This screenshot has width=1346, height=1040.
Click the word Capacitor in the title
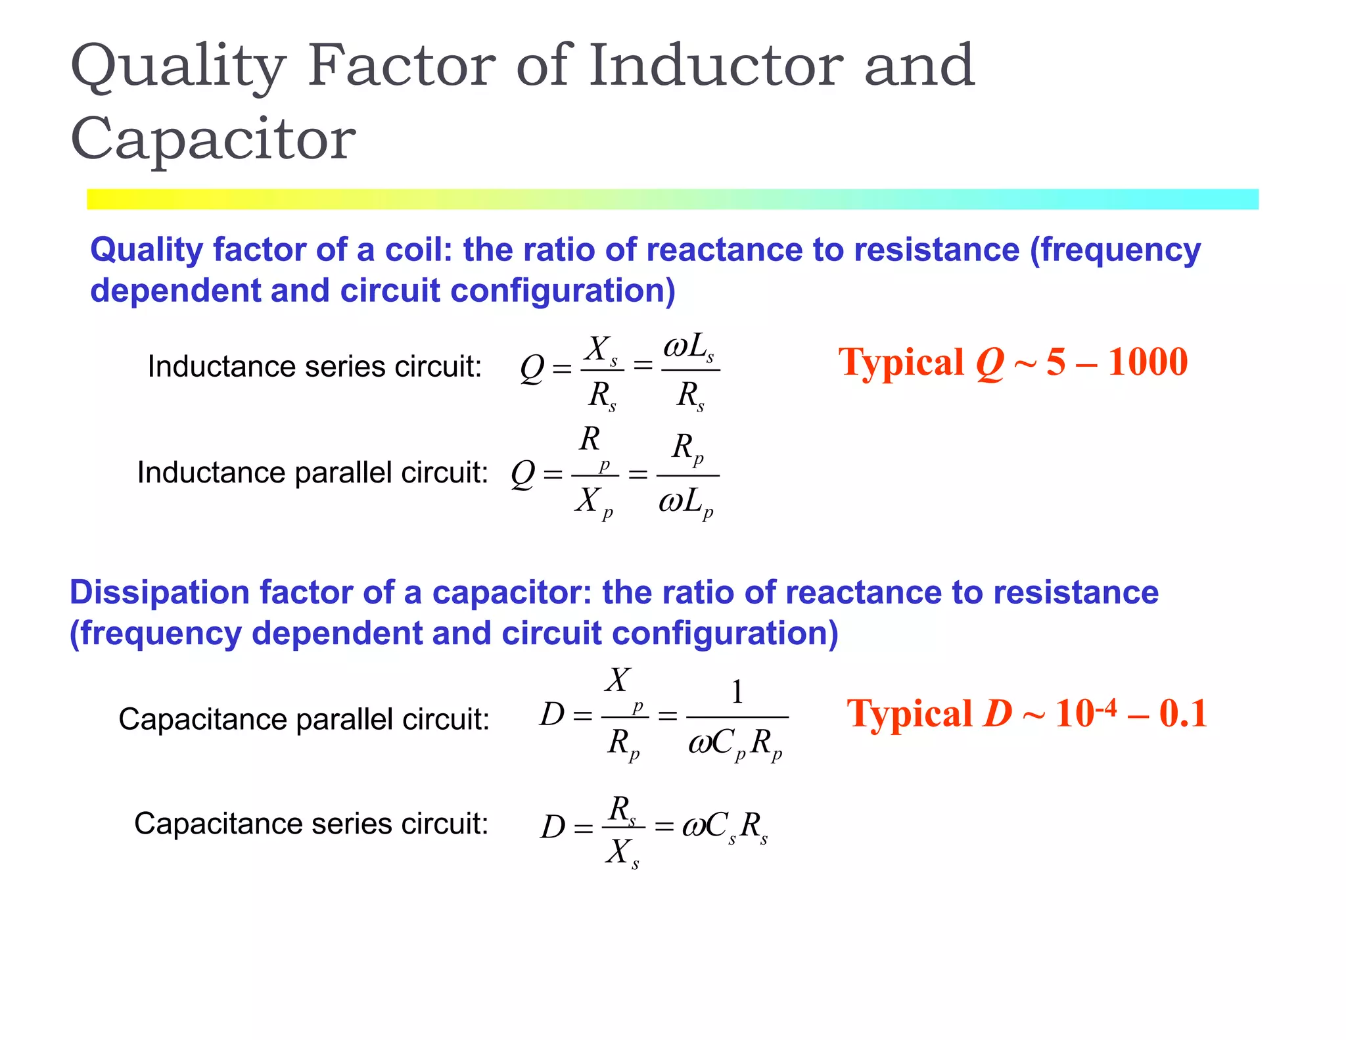(x=213, y=139)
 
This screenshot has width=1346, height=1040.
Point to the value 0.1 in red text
(x=1183, y=713)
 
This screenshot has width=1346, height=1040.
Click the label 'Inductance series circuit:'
(x=315, y=366)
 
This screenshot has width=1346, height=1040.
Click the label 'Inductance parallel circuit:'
(x=312, y=472)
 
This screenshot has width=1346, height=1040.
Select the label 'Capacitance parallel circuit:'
(x=304, y=719)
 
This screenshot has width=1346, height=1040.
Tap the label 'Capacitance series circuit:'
(x=311, y=823)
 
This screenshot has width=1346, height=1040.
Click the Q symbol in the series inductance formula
(x=532, y=368)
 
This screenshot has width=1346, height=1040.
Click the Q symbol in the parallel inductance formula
(x=523, y=473)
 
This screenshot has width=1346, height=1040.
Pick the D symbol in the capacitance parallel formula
(x=552, y=715)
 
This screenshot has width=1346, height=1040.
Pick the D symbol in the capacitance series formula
(x=553, y=826)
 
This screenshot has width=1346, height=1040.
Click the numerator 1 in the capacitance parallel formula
(x=737, y=692)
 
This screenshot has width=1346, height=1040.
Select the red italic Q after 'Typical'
(x=990, y=363)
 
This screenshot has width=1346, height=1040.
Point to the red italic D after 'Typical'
(x=997, y=713)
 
